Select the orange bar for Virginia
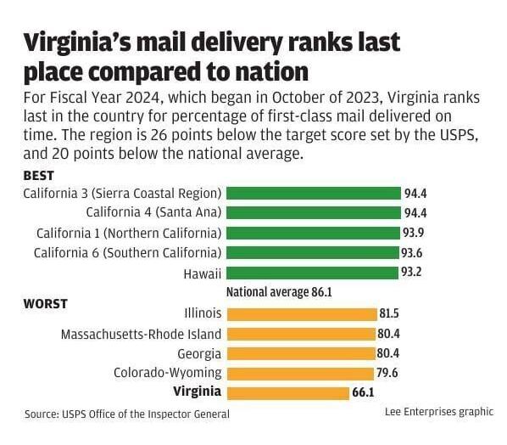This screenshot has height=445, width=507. (x=287, y=391)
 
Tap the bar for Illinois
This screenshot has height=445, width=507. (x=302, y=313)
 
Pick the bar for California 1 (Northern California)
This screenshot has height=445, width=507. (x=313, y=233)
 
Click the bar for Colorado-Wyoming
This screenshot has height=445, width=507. (x=300, y=372)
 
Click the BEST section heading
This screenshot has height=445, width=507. (x=39, y=176)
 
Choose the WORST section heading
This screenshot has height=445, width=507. (x=46, y=303)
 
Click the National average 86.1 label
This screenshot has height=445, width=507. (x=278, y=292)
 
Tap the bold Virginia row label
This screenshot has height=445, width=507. (x=197, y=391)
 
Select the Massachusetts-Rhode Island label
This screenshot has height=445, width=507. (x=141, y=334)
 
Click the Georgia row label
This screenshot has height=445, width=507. (x=199, y=353)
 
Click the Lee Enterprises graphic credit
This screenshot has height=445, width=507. (x=438, y=411)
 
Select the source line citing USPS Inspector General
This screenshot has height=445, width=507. (x=127, y=414)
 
